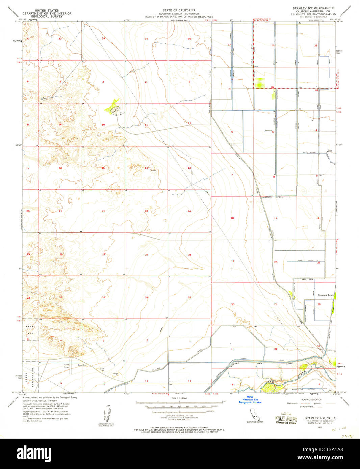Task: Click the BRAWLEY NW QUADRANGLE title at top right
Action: tap(309, 8)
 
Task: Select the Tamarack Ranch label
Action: tap(326, 295)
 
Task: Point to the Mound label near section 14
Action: tap(153, 170)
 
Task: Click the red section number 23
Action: tap(146, 211)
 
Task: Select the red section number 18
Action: tap(232, 218)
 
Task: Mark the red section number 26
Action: tap(146, 254)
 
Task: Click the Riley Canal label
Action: tap(309, 153)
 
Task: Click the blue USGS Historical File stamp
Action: tap(250, 399)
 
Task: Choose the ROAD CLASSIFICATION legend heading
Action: tap(309, 399)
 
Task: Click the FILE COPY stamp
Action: tap(285, 419)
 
